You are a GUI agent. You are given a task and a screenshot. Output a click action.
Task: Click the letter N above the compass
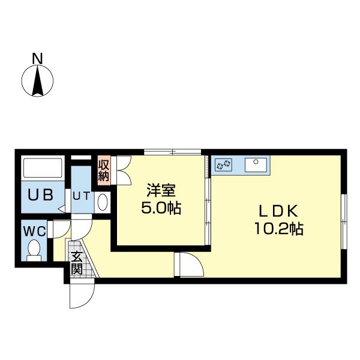click(37, 58)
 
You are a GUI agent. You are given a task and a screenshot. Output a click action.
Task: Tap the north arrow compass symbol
click(37, 80)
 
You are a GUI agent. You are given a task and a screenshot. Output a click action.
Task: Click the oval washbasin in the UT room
click(102, 202)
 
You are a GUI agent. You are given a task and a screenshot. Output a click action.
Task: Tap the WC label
click(34, 230)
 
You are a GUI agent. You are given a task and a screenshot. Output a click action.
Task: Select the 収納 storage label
click(104, 169)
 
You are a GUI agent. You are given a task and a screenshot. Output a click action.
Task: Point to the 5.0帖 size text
click(161, 209)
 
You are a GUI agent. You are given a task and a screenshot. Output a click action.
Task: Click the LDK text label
click(278, 211)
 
